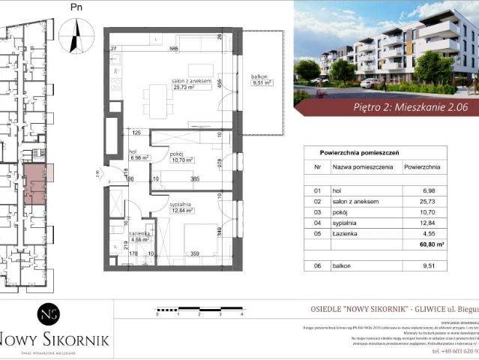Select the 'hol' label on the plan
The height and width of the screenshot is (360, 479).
tap(136, 152)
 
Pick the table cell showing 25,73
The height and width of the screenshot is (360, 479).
tap(430, 202)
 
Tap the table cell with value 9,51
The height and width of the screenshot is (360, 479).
tap(430, 265)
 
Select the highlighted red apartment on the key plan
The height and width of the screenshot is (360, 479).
tap(35, 184)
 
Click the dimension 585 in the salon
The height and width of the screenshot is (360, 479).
tap(173, 49)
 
